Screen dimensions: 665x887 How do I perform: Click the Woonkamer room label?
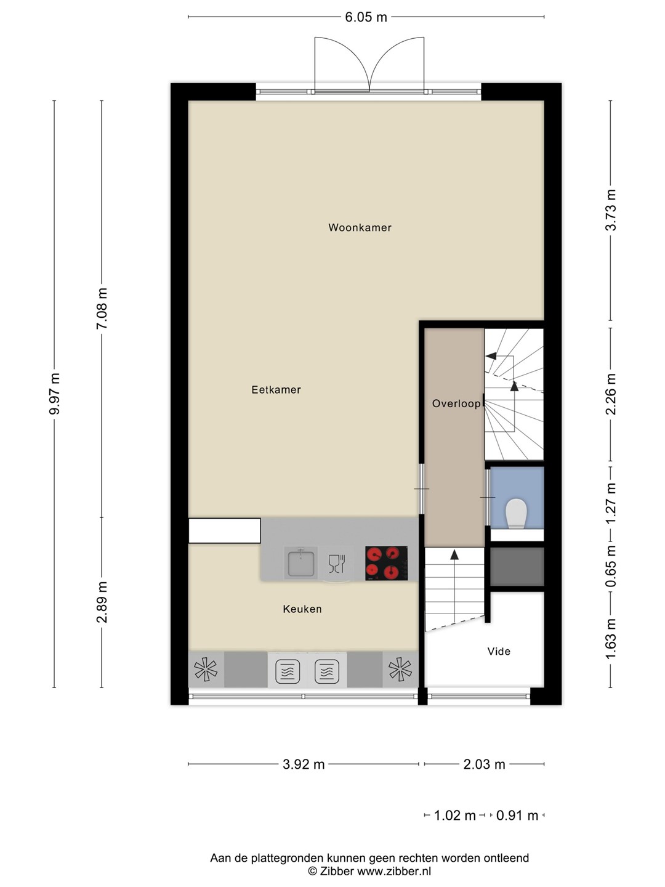tap(360, 227)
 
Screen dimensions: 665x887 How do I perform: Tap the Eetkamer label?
tap(276, 389)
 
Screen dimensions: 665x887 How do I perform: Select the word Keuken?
tap(302, 609)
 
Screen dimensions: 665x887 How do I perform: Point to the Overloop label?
tap(456, 403)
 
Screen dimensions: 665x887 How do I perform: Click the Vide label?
tap(499, 652)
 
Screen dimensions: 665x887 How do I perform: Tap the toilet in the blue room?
tap(517, 514)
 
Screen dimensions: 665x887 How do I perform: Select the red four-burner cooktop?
tap(387, 564)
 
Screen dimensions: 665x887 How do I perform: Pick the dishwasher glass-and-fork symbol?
tap(336, 564)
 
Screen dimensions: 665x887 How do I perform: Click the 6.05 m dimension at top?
tap(366, 17)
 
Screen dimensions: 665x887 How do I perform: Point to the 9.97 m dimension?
tap(55, 394)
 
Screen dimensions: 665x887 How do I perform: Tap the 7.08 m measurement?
tap(102, 309)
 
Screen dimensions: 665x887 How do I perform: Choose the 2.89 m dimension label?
tap(102, 602)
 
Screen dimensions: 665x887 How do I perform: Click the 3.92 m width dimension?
tap(304, 764)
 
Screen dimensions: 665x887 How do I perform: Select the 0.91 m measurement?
tap(517, 816)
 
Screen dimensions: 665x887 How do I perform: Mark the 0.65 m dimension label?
tap(611, 566)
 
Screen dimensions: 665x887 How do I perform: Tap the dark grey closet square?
tap(517, 566)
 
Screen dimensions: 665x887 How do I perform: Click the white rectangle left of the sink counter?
tap(225, 531)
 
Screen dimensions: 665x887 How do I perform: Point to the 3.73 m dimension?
tap(611, 210)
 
